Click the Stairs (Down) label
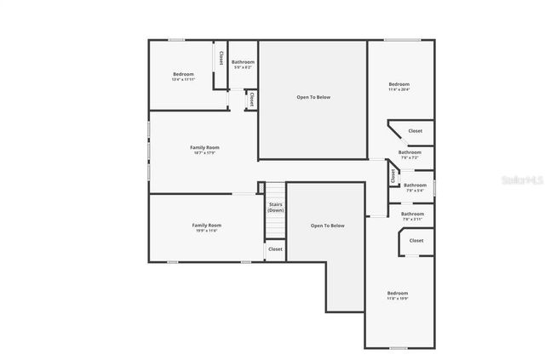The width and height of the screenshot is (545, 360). pos(276,207)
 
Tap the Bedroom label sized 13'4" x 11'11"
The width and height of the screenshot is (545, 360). pos(183,75)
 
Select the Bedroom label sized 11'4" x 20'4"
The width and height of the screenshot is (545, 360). pos(399,84)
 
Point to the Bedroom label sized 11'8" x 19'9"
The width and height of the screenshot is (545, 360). pos(398,293)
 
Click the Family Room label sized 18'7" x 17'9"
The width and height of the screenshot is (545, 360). pos(204,148)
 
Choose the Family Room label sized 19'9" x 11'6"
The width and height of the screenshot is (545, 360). pos(206,225)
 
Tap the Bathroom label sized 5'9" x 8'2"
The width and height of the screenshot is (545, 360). pos(243,62)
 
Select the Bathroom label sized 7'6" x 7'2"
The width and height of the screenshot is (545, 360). pos(410,152)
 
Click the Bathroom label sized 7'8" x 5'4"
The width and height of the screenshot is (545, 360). pos(415,185)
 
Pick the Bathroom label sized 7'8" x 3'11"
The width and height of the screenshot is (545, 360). pos(412,214)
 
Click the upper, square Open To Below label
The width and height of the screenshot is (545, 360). pos(313,97)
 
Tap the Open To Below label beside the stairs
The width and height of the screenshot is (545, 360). pos(327,226)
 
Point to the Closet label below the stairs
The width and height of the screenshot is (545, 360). pos(275,249)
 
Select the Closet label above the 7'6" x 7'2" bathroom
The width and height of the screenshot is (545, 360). pos(415,130)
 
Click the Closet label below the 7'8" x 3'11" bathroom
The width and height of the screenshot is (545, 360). pos(416,241)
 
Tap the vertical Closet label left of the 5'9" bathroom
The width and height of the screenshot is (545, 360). pos(221,58)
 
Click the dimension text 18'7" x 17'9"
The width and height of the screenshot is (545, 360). pos(204,153)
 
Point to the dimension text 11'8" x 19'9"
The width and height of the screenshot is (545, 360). pos(398,299)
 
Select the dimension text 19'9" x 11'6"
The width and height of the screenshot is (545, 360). pos(206,231)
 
